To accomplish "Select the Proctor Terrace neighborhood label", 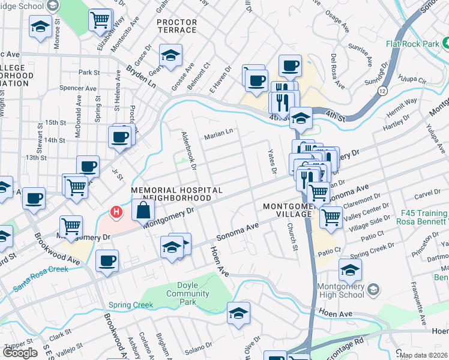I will click(176, 26).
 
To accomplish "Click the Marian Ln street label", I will click(220, 133).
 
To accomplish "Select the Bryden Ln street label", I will click(140, 76).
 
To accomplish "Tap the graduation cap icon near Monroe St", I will click(40, 27).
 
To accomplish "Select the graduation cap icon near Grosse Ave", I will click(171, 56).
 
